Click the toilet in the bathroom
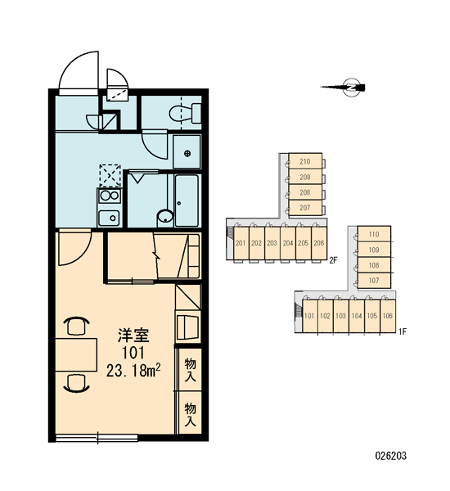(x=185, y=114)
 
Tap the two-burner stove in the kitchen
(x=109, y=196)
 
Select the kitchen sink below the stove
(x=109, y=218)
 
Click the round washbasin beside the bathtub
(x=165, y=216)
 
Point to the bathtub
(x=187, y=200)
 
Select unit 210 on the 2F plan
(x=305, y=161)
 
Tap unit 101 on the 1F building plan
(x=309, y=316)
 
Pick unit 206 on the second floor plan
(x=319, y=243)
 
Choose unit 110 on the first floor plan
(x=374, y=234)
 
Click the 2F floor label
(x=334, y=260)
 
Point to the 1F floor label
(x=403, y=331)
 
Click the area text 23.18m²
(x=133, y=371)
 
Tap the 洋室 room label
(x=133, y=336)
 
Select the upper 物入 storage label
(x=190, y=370)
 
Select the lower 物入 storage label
(x=190, y=415)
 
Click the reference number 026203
(x=391, y=456)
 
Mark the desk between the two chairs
(x=76, y=355)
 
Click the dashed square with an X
(x=110, y=175)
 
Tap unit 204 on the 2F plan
(x=288, y=243)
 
